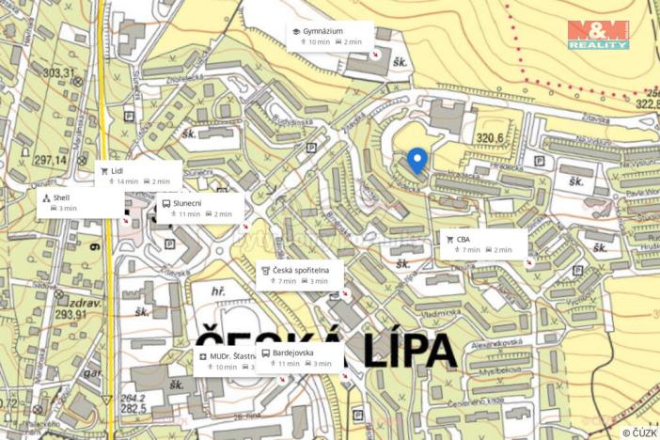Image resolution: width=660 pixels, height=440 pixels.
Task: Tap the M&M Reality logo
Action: coord(598,35)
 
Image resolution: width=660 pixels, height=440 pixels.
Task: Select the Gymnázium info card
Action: coord(330,36)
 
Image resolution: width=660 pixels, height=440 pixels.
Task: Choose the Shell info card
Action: coord(66,202)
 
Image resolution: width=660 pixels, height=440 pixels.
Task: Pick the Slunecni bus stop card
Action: coord(200,207)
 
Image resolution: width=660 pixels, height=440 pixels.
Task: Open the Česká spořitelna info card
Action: coord(301,275)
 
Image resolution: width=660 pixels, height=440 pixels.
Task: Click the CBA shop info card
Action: coord(483,244)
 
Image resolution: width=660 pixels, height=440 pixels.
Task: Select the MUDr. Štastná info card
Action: coord(227,360)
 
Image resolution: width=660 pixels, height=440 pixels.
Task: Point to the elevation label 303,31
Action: coord(58,72)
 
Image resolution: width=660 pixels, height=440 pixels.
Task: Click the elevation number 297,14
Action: coord(50,160)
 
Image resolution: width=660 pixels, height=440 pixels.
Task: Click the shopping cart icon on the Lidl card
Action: coord(104,170)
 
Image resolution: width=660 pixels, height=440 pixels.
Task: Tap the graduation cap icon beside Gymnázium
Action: coord(295,31)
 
